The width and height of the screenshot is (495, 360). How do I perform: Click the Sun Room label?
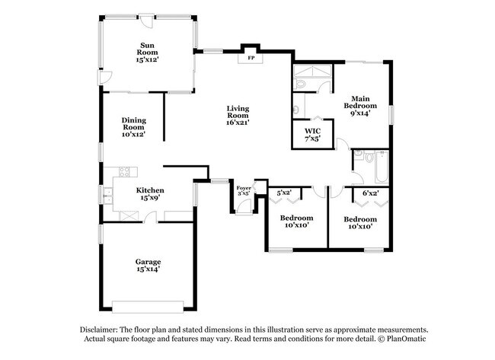pos(147,51)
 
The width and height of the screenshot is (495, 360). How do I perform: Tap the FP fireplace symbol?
pos(251,57)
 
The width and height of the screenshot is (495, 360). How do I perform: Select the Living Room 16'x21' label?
pos(238,115)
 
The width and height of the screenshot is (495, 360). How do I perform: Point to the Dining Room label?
pos(133,126)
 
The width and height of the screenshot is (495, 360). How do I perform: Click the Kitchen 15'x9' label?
pos(148,194)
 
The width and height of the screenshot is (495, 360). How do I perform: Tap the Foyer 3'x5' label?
pos(244,190)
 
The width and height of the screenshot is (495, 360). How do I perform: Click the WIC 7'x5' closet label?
pos(312,135)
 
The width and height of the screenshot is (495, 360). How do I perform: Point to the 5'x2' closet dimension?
pos(285,193)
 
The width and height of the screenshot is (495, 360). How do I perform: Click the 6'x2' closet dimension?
pos(370,193)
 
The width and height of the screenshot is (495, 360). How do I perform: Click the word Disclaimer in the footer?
pos(105,329)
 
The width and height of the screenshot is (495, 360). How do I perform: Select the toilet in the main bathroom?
pos(299,81)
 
